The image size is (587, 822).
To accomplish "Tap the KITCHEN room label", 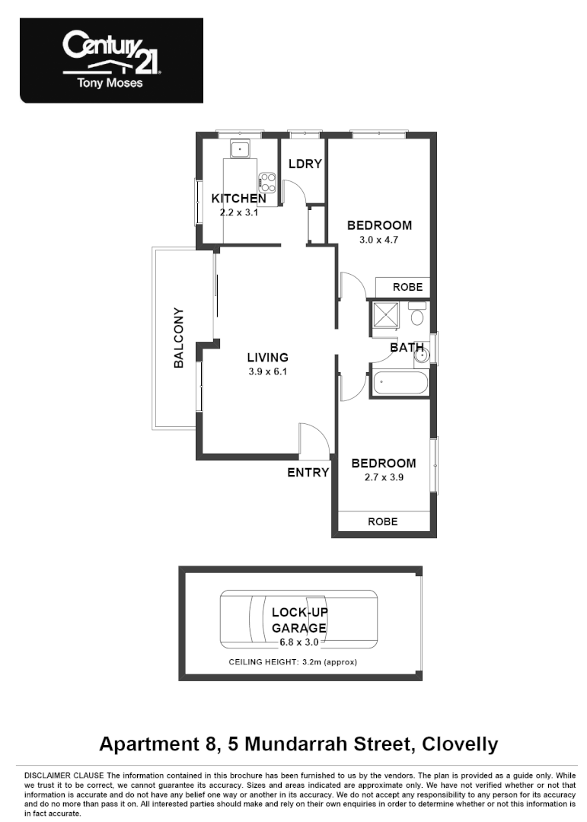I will tap(238, 199).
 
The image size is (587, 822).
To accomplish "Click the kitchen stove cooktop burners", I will tap(267, 180).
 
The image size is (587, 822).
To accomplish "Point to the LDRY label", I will tap(305, 164).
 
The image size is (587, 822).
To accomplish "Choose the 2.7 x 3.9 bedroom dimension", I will tap(383, 478).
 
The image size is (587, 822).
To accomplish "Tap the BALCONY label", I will tap(179, 338).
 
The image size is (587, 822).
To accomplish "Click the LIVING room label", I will tap(267, 357).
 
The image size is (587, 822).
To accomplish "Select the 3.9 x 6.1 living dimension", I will tap(267, 372).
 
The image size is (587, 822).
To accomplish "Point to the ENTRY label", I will tap(308, 473).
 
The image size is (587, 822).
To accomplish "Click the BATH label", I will tap(407, 348).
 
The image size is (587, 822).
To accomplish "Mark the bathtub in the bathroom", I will tap(400, 382).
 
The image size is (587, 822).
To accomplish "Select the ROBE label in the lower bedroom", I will tap(382, 522).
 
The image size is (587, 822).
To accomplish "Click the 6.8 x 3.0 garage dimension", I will tap(299, 642).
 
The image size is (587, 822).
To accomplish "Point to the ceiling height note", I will tap(292, 662).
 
